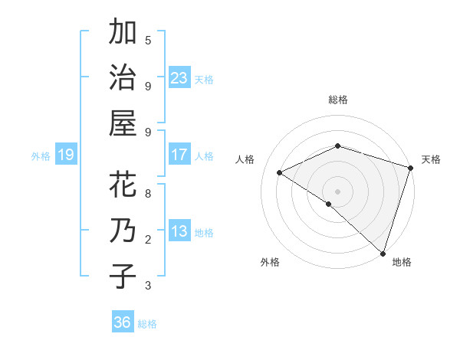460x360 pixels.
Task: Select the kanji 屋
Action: tap(123, 123)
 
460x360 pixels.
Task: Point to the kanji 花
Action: tap(123, 185)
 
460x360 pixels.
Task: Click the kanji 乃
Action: tap(123, 231)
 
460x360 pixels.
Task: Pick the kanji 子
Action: tap(123, 276)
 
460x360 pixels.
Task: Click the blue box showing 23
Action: tap(179, 78)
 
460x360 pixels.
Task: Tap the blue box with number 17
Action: tap(179, 155)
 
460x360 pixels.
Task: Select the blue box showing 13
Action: tap(179, 231)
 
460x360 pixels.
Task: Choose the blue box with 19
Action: tap(65, 155)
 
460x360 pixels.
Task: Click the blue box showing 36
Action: tap(123, 322)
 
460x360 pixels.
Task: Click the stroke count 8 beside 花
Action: tap(148, 194)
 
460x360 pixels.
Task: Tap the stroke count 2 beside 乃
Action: tap(148, 240)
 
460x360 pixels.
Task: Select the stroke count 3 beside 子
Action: tap(148, 286)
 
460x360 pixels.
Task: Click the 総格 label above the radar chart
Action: tap(337, 100)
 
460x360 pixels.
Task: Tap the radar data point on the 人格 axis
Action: tap(280, 173)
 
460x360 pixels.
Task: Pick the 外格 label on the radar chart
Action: tap(270, 262)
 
